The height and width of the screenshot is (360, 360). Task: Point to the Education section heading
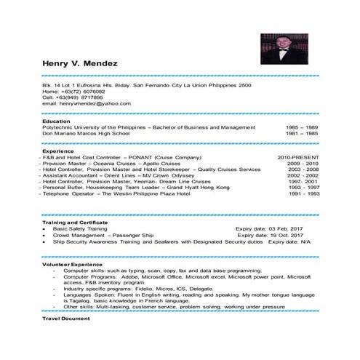pos(56,121)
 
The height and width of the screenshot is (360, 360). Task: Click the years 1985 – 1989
pos(303,127)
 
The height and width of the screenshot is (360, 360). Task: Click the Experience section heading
pos(57,151)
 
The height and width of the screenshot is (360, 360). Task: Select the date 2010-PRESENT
pos(298,157)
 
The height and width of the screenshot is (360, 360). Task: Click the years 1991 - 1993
pos(304,194)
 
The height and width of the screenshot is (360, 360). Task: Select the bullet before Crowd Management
pos(45,236)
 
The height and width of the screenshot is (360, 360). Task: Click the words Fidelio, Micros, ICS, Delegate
pos(183,288)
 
